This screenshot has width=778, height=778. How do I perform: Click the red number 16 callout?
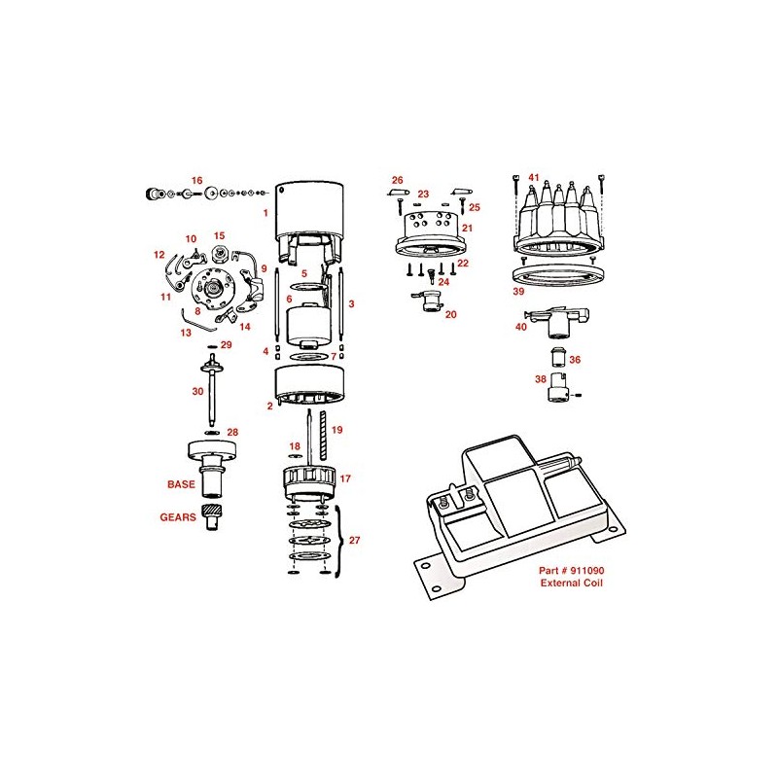pos(196,181)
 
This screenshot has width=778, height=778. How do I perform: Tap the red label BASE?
pos(180,483)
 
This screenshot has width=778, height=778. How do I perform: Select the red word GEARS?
pos(177,518)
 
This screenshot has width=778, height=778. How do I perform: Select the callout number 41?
pos(533,177)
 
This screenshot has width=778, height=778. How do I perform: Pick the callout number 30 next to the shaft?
pos(197,390)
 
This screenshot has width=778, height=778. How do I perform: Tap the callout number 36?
pos(575,360)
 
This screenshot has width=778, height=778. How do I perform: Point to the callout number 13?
pos(186,332)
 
